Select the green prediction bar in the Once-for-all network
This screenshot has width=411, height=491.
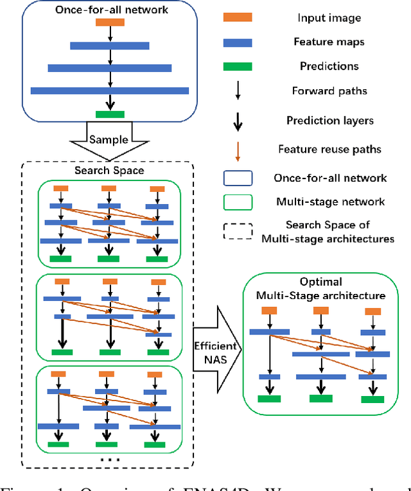pos(110,114)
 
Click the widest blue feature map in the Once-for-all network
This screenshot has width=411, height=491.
pos(110,90)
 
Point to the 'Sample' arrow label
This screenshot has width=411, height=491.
pos(109,139)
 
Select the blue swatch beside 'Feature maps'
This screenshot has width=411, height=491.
pos(238,42)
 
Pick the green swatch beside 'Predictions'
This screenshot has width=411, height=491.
pos(238,66)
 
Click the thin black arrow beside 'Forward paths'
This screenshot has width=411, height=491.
pos(238,90)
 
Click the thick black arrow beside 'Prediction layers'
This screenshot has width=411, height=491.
pos(238,120)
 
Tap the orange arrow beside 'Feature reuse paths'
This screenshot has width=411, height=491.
pos(238,149)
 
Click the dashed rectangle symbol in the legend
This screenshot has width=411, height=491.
pos(238,230)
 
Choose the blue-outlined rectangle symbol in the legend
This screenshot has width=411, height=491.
pos(238,178)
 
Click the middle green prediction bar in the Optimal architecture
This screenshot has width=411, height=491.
pos(320,398)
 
